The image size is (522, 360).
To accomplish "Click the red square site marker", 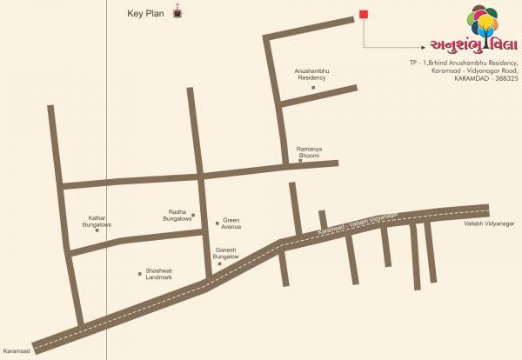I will pos(364,14).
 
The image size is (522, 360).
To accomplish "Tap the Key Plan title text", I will pos(145,14).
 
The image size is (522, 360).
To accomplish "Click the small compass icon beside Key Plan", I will pos(179,13).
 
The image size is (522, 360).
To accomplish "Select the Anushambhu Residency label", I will pos(312,75).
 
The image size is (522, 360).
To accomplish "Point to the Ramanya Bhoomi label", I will pos(309,151).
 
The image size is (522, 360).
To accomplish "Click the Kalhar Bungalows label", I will pos(97,221).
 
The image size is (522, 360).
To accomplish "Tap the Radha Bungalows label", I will pos(179,216).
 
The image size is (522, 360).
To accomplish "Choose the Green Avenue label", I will pos(231,223).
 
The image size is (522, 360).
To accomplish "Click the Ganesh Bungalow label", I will pos(226,253).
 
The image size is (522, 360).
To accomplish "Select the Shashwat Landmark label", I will pos(159,273).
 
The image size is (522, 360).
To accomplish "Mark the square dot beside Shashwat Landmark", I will pos(139,273).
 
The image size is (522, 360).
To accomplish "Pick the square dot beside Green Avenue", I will pos(217,223).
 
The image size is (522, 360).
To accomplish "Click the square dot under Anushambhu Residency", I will pos(313,87).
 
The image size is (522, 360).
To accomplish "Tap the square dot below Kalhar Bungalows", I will pos(97,230).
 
